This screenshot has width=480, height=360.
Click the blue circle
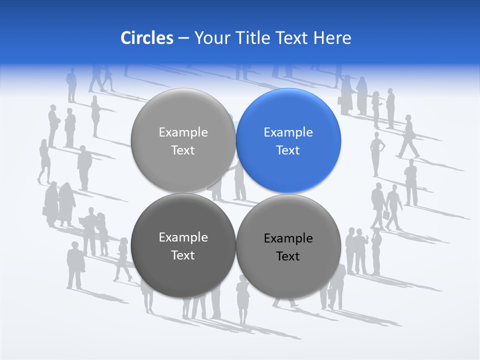288,140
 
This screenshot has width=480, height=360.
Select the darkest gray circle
183,245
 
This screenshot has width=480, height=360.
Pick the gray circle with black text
288,246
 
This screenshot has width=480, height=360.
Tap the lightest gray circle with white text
183,140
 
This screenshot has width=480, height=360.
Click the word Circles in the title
147,38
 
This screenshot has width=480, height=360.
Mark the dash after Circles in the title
183,38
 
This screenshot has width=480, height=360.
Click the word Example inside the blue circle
288,132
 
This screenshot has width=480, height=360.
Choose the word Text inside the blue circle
288,150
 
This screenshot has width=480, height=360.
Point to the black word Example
288,238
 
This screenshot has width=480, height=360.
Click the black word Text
288,256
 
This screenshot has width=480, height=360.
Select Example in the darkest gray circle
183,237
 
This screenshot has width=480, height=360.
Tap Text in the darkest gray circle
183,255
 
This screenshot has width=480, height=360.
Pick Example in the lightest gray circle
183,132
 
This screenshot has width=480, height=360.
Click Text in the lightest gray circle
183,150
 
